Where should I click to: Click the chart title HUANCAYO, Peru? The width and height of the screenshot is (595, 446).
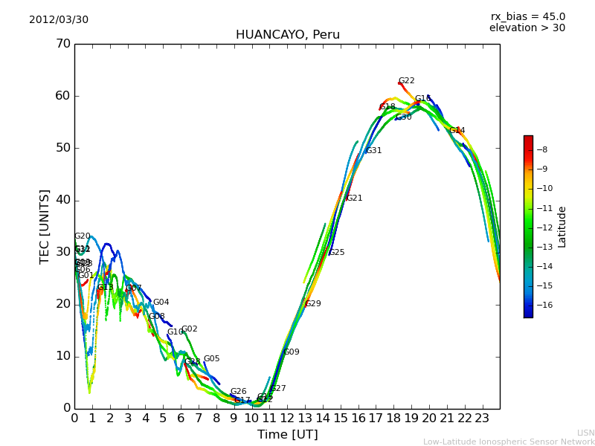[287, 35]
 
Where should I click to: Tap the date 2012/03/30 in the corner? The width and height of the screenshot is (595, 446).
[59, 20]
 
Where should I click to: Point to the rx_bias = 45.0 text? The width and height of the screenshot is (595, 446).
[527, 17]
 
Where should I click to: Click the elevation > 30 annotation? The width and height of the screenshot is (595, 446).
[527, 28]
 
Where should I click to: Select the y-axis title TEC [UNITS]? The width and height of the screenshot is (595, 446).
[45, 226]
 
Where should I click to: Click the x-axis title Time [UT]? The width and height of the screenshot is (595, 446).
[287, 435]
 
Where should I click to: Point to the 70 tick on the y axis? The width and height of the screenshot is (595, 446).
[62, 44]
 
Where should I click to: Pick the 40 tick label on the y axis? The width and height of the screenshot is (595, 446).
[62, 200]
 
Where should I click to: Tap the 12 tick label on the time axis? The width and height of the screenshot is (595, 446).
[287, 418]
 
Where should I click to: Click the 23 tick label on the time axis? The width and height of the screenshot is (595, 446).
[482, 418]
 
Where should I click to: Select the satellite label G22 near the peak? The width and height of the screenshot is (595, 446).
[406, 81]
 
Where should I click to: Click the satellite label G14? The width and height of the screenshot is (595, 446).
[457, 130]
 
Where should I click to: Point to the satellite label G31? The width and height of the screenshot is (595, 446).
[373, 151]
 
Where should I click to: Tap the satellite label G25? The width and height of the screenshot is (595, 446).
[336, 253]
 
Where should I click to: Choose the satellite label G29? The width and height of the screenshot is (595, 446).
[313, 304]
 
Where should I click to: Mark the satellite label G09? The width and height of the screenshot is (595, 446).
[291, 352]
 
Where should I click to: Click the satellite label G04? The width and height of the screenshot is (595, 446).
[161, 303]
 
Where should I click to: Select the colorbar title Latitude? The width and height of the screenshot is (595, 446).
[562, 227]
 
